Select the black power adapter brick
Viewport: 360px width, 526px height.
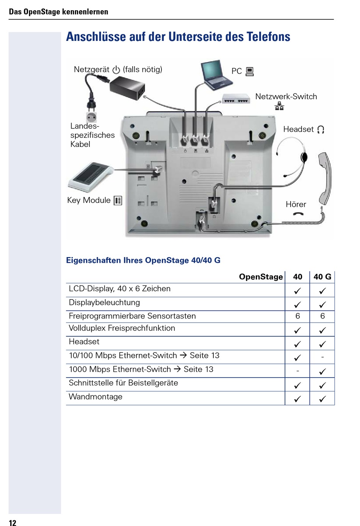(x=127, y=87)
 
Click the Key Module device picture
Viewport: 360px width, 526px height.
(x=90, y=176)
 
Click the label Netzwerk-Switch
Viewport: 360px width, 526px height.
(x=286, y=97)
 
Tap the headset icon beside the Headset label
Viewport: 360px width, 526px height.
(x=321, y=130)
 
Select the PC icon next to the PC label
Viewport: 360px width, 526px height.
(x=249, y=71)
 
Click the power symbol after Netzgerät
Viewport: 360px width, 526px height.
(x=116, y=70)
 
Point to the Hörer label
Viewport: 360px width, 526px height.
(x=296, y=204)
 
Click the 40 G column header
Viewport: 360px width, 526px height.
(x=322, y=277)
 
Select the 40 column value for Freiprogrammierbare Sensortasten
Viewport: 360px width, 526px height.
(x=297, y=316)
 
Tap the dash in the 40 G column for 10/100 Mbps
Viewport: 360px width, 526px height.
(x=322, y=357)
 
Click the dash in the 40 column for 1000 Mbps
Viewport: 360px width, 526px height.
(x=297, y=371)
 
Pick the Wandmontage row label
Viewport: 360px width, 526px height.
(x=95, y=397)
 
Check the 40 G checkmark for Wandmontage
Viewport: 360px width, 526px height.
(x=322, y=399)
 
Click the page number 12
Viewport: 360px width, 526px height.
(x=13, y=523)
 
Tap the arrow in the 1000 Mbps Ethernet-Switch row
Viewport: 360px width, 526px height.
(x=177, y=369)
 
